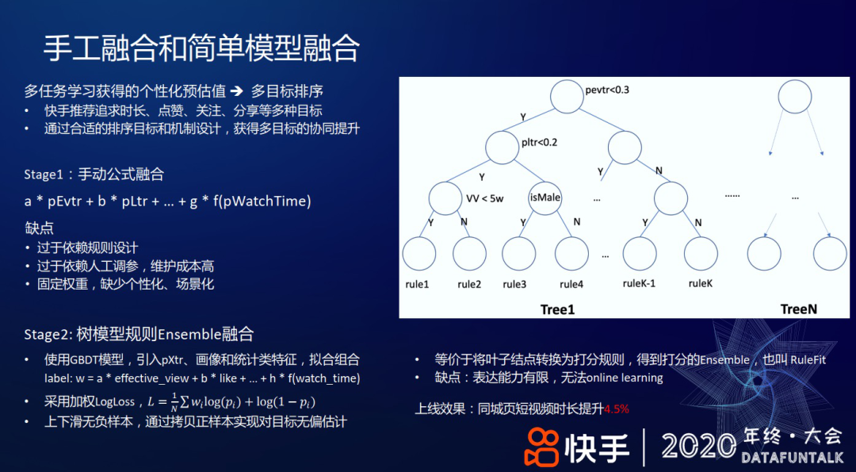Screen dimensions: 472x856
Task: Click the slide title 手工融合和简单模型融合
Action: [201, 48]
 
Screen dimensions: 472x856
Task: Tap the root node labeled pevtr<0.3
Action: [567, 98]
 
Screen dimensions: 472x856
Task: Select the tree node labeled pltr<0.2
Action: [502, 147]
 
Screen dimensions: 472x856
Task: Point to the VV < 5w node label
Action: [485, 198]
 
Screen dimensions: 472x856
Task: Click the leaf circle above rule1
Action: [418, 254]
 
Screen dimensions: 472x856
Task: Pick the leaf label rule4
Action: [571, 284]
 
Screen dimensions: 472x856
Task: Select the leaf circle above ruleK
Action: [701, 254]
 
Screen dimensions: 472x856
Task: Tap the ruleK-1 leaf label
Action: [639, 283]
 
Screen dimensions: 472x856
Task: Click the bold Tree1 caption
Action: [557, 309]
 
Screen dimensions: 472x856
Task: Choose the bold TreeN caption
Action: [798, 309]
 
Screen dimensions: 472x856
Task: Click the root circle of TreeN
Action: [795, 97]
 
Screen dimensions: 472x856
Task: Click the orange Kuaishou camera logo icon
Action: [541, 446]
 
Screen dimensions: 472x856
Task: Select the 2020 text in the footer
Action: [698, 445]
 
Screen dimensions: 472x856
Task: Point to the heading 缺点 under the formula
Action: [39, 228]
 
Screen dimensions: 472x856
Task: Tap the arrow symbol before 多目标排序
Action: [235, 90]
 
